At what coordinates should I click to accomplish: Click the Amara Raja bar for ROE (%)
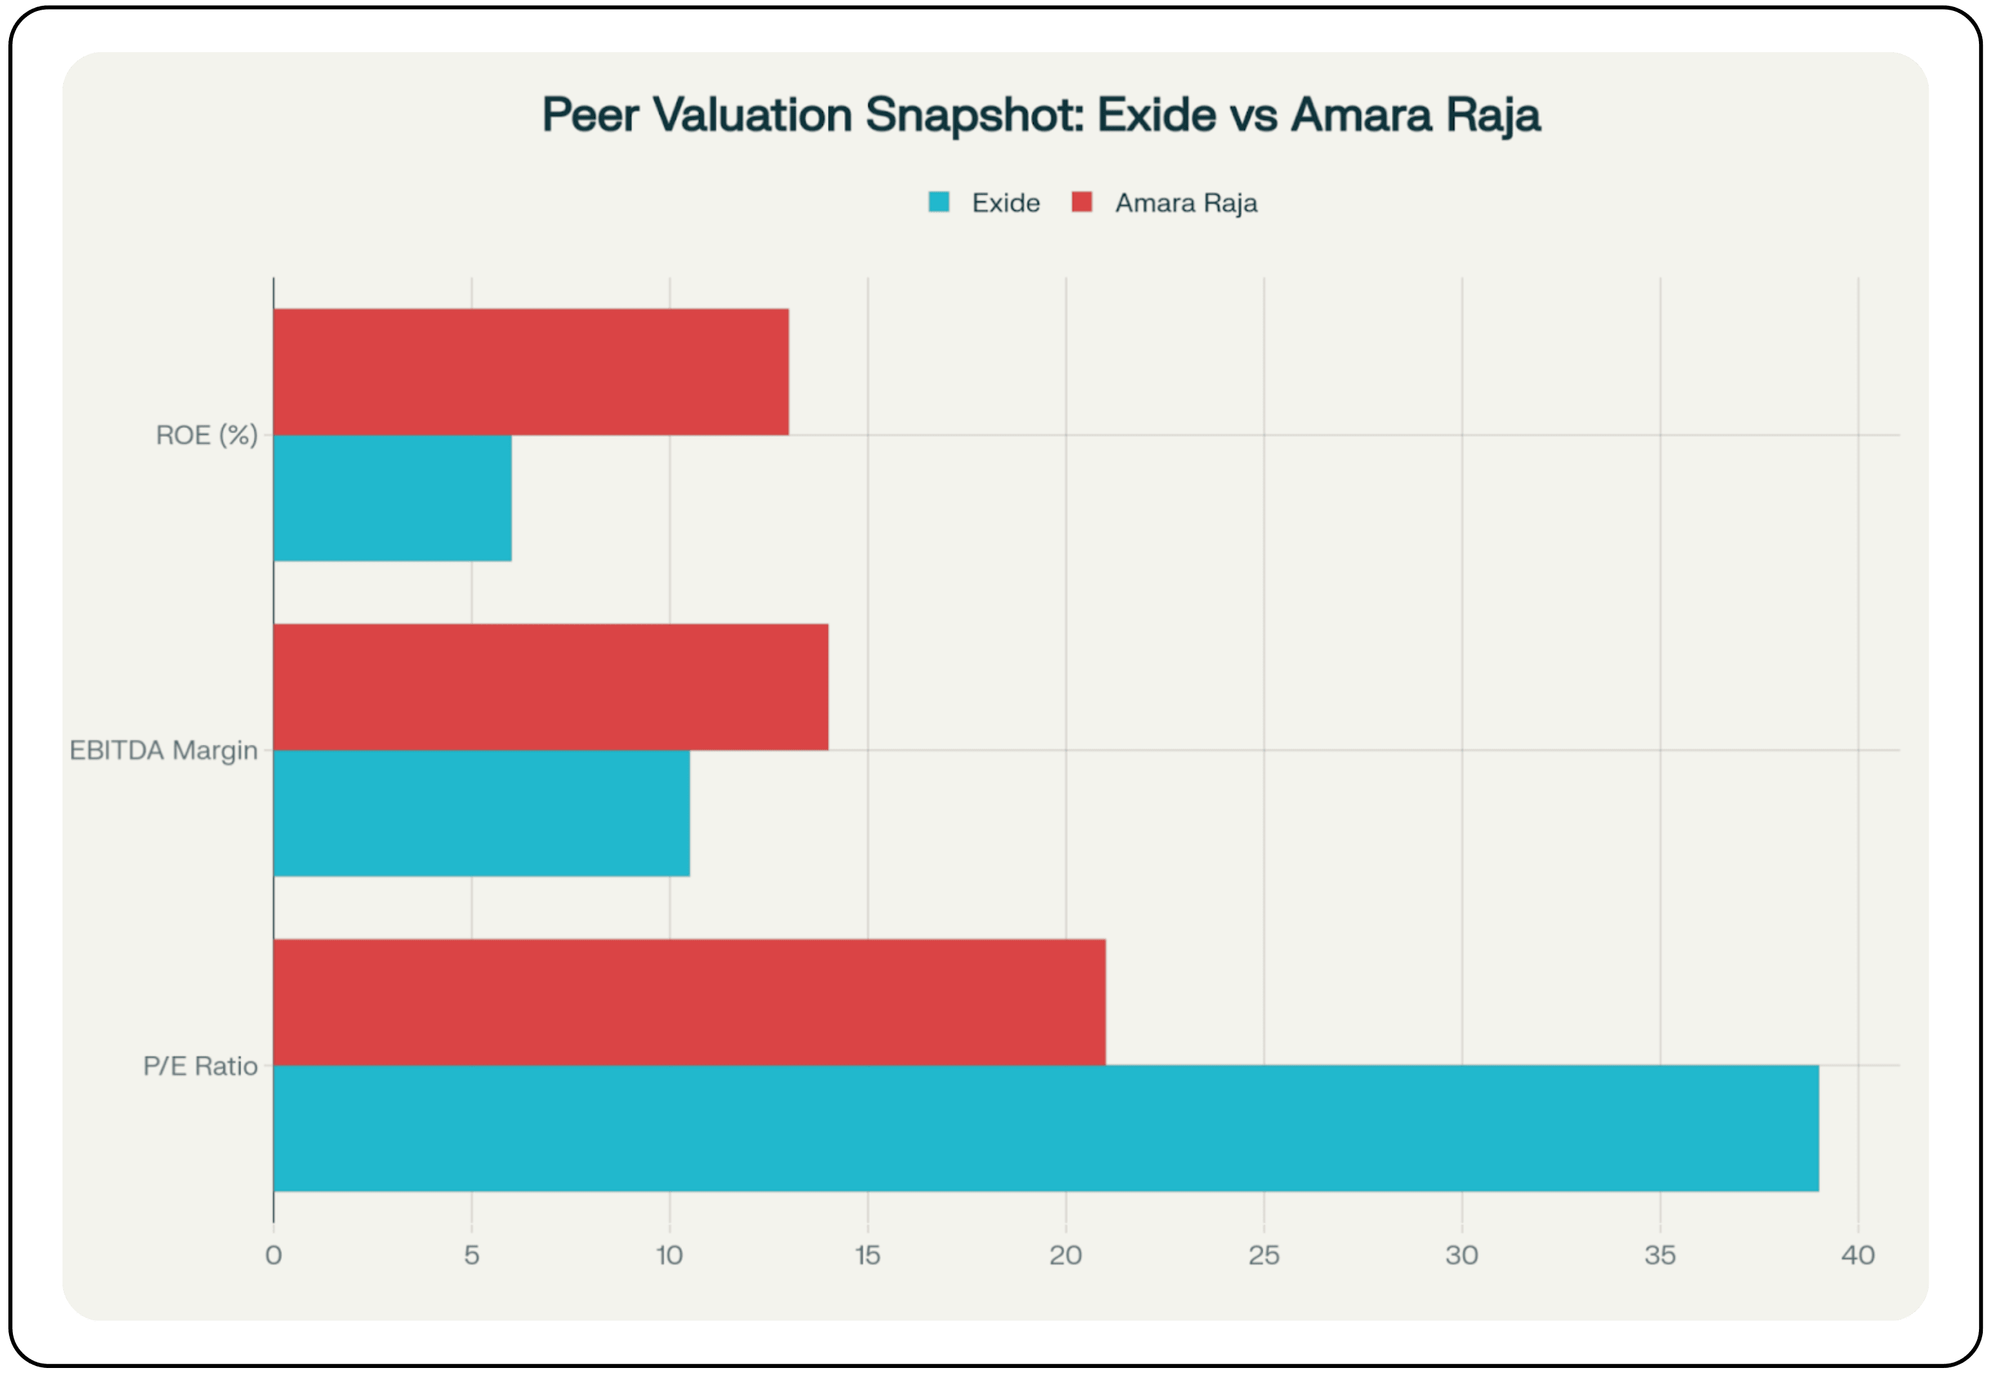coord(530,372)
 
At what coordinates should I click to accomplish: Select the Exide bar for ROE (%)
coord(392,498)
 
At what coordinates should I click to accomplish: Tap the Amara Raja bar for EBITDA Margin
coord(550,687)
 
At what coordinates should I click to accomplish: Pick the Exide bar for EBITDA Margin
coord(481,813)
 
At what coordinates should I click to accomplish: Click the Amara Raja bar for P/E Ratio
coord(690,1002)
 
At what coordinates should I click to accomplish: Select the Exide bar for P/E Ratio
coord(1045,1128)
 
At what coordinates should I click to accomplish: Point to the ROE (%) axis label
coord(206,435)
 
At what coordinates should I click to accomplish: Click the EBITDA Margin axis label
coord(163,750)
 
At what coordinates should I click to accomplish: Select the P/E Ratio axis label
coord(200,1066)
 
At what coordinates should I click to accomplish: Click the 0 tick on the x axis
coord(273,1255)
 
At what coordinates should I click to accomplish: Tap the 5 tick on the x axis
coord(471,1255)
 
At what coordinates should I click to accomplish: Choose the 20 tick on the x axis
coord(1065,1255)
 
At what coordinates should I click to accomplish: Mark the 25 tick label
coord(1264,1255)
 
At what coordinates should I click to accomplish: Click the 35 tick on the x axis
coord(1660,1255)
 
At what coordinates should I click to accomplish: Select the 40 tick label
coord(1857,1255)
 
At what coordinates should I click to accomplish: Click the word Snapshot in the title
coord(974,115)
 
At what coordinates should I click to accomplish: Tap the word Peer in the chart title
coord(590,115)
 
